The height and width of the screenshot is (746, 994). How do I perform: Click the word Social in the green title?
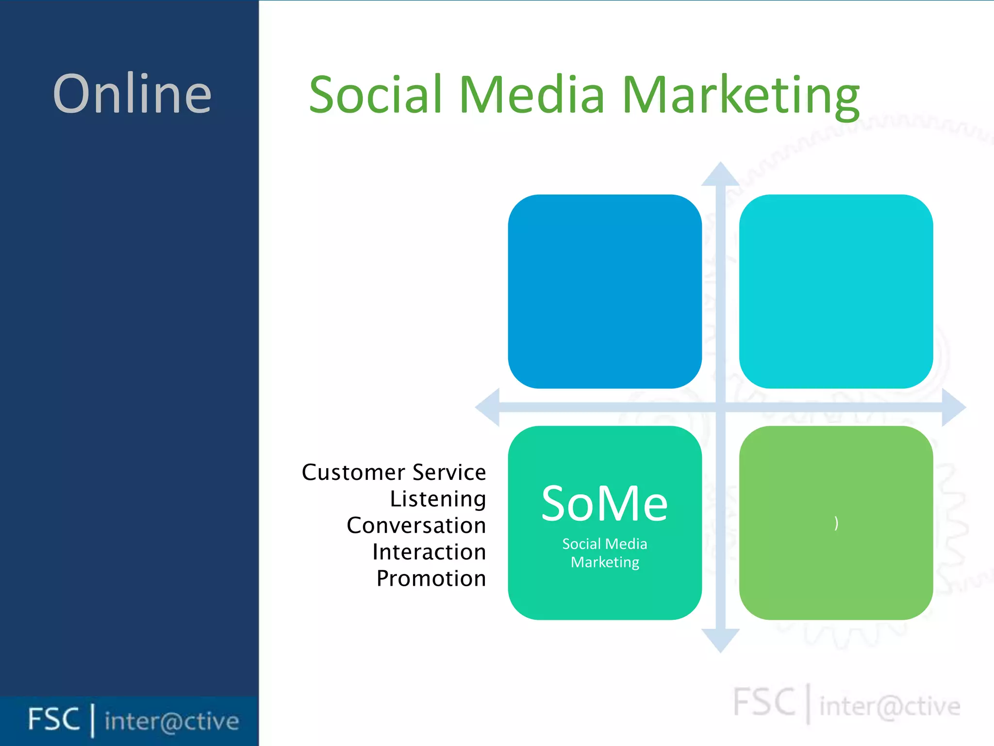pos(376,95)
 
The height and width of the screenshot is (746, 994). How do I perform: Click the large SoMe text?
pos(604,504)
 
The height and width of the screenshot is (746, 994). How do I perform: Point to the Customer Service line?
pos(394,473)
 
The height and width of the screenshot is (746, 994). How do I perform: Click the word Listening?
pos(438,499)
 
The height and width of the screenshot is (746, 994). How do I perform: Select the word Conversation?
pos(416,526)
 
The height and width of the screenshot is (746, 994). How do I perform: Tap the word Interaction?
pos(429,552)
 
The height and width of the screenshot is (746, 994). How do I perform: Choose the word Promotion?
pos(431,578)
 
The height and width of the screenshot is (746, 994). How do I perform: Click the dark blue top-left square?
pos(605,291)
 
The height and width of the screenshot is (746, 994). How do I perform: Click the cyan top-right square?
pos(836,291)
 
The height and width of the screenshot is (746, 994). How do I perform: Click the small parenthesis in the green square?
pos(836,523)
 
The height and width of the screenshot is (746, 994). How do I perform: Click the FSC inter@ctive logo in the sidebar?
pos(133,720)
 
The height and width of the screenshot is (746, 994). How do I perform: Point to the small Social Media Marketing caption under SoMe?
pos(605,553)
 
